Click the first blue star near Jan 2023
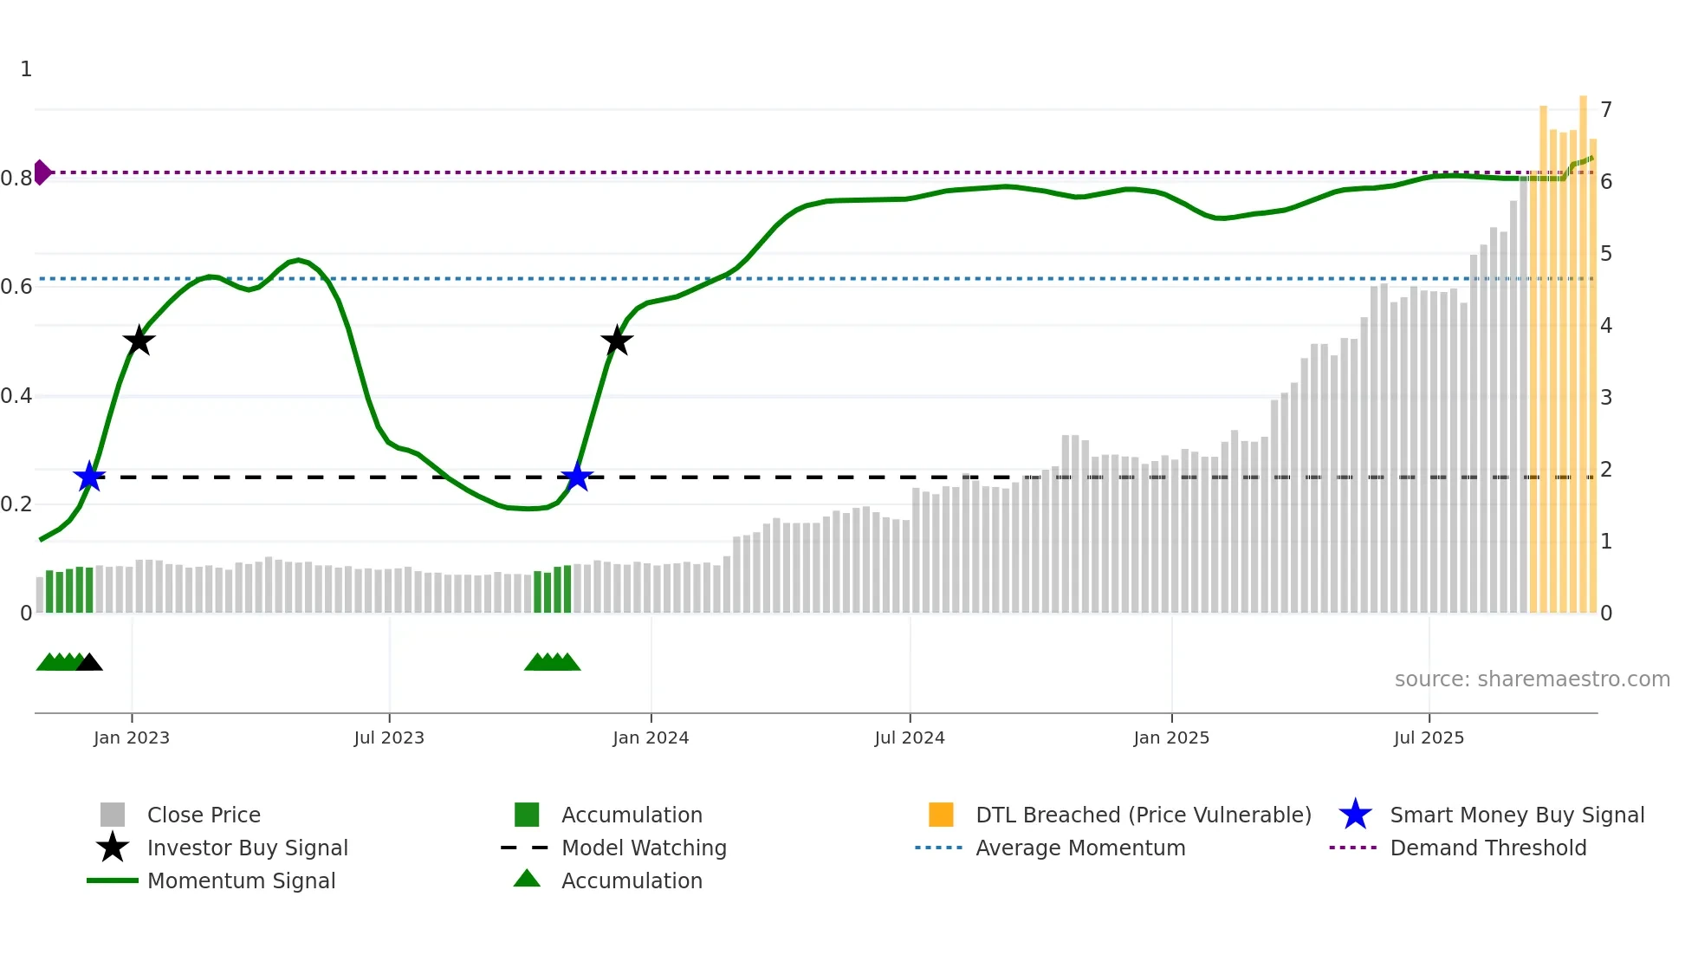point(89,477)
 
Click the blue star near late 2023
point(576,477)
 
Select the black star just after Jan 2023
point(139,341)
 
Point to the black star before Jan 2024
point(617,341)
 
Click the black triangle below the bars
point(89,663)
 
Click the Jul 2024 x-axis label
point(909,737)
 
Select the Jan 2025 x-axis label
point(1170,737)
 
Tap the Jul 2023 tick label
point(389,737)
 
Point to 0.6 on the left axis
point(16,287)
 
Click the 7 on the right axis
point(1606,110)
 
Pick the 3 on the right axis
point(1606,398)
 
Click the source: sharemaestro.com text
point(1532,679)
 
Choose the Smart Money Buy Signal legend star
point(1355,815)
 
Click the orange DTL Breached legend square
point(941,815)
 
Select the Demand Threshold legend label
point(1487,848)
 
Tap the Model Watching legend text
point(644,848)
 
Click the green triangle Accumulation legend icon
point(527,879)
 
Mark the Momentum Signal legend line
point(113,880)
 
